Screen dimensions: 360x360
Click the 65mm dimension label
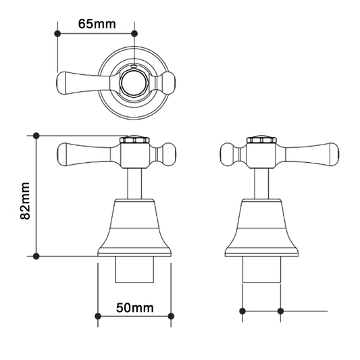pyautogui.click(x=97, y=24)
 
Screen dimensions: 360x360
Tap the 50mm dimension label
pyautogui.click(x=134, y=307)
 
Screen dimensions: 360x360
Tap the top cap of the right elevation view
pyautogui.click(x=260, y=140)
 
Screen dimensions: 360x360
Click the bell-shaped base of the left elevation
pyautogui.click(x=134, y=230)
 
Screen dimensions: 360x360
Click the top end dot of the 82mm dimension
pyautogui.click(x=36, y=136)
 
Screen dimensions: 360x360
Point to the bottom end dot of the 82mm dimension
pyautogui.click(x=36, y=256)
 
